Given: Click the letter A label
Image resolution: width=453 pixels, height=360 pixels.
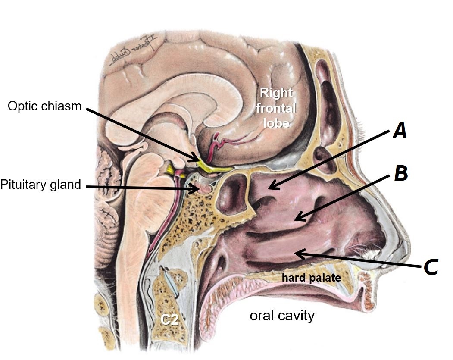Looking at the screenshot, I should [x=400, y=130].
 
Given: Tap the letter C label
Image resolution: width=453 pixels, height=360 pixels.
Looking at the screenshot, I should [x=431, y=267].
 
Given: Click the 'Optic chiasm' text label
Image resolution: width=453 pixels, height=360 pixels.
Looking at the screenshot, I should [x=44, y=106].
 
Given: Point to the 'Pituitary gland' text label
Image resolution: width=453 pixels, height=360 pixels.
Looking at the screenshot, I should [x=41, y=185].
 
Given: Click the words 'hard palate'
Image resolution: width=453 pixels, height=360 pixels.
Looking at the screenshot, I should [x=311, y=278].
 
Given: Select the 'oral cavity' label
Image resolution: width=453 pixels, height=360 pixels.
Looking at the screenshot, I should [x=282, y=316].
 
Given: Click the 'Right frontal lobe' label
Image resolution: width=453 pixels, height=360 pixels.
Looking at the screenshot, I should [x=276, y=107].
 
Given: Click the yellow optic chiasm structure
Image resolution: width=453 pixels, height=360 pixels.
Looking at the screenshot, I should [x=207, y=166].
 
